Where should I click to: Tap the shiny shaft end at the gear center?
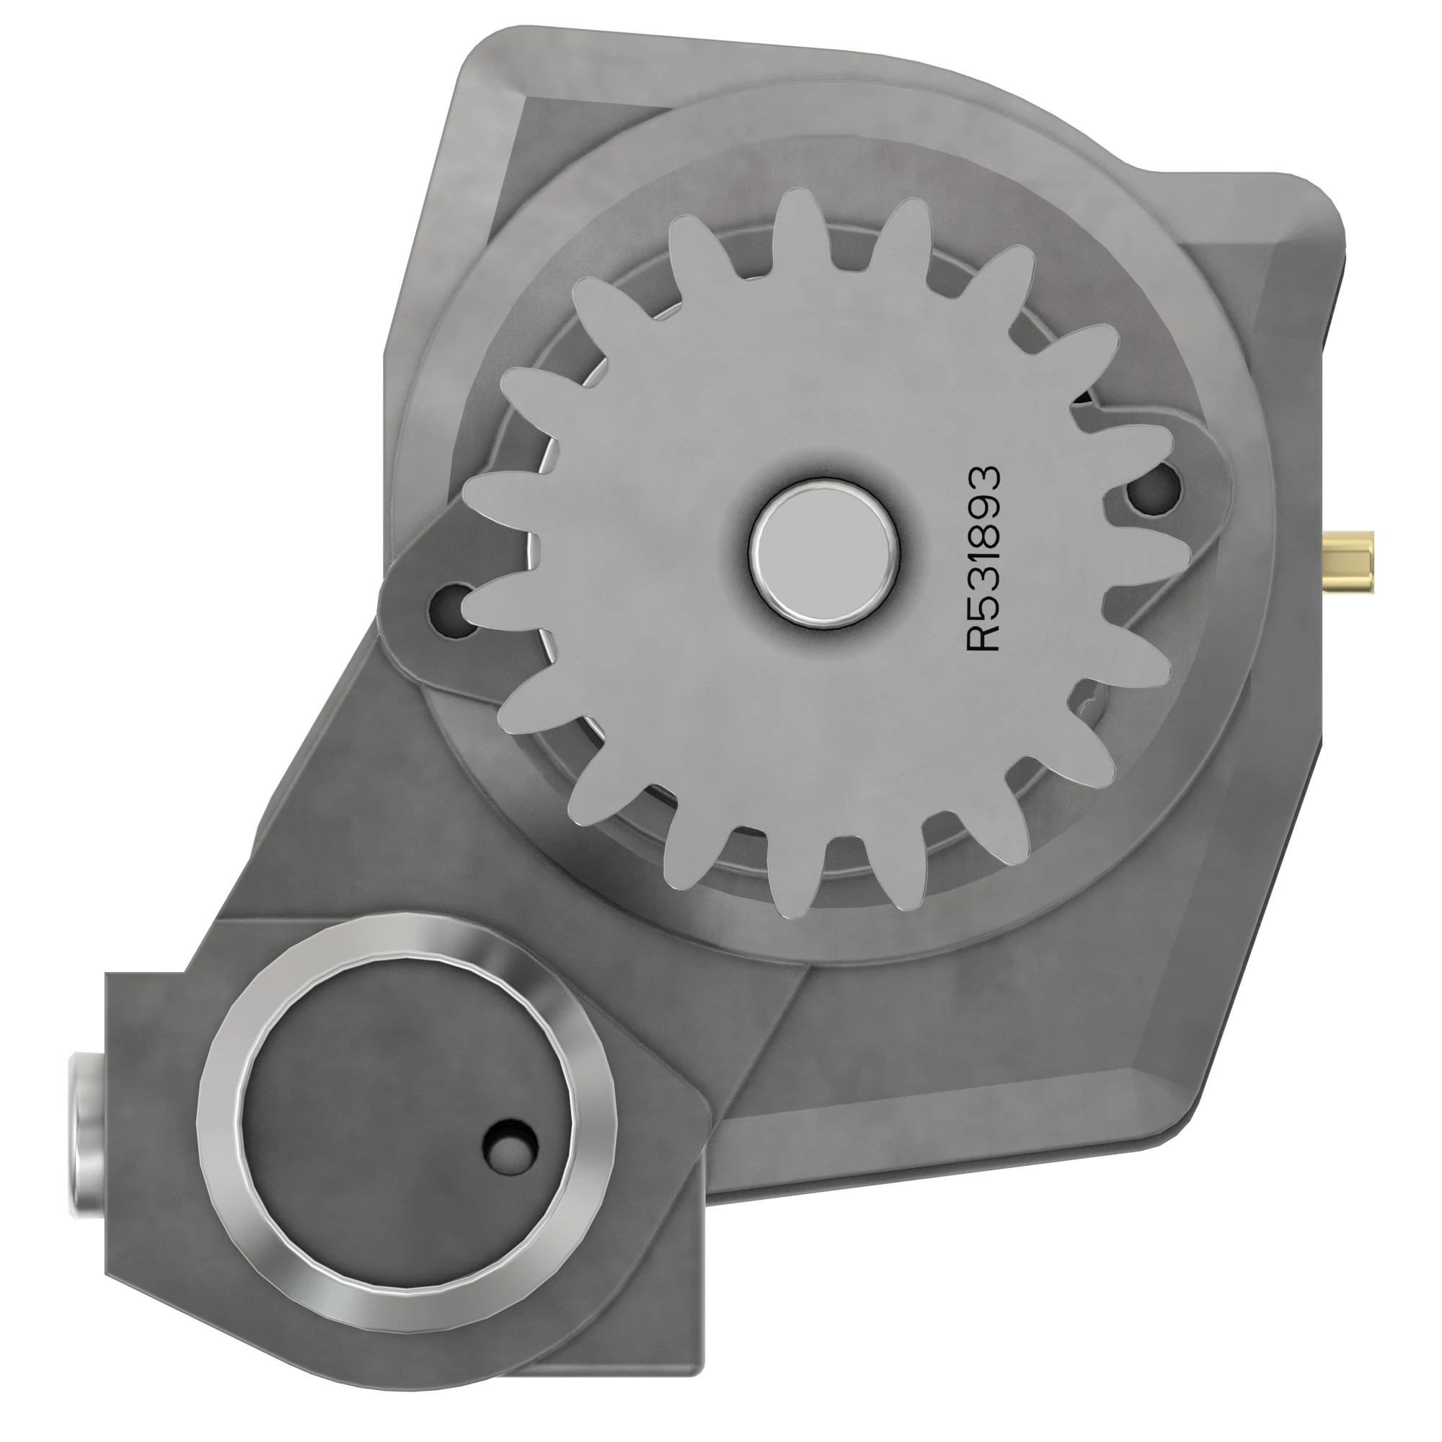pos(826,553)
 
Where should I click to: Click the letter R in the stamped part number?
pos(982,633)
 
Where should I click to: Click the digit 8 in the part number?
pos(982,530)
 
